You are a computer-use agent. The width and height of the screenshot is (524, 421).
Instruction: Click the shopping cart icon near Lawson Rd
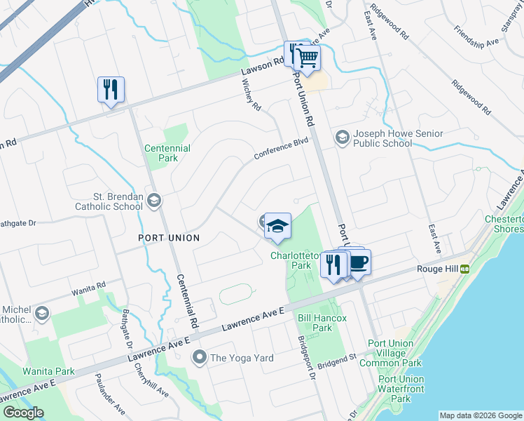(x=307, y=58)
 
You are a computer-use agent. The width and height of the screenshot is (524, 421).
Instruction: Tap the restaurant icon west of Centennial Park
(x=111, y=89)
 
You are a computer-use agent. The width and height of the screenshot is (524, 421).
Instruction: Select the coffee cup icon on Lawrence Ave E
(x=358, y=262)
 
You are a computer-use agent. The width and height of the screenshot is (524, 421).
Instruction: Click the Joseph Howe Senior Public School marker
(x=343, y=136)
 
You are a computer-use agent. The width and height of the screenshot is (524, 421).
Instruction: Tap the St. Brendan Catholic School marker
(x=153, y=202)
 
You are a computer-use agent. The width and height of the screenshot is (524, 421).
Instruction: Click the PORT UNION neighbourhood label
(x=168, y=238)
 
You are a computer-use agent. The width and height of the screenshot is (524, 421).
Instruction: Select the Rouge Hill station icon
(x=464, y=267)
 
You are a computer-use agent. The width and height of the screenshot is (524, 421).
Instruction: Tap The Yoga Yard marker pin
(x=200, y=358)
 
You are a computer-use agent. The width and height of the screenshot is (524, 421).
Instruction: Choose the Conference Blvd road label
(x=281, y=149)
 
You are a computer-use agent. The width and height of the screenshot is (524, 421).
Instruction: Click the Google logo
(x=23, y=412)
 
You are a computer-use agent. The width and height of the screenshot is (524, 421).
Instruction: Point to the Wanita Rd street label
(x=88, y=286)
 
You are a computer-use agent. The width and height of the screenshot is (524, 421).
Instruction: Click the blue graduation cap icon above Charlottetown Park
(x=277, y=226)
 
